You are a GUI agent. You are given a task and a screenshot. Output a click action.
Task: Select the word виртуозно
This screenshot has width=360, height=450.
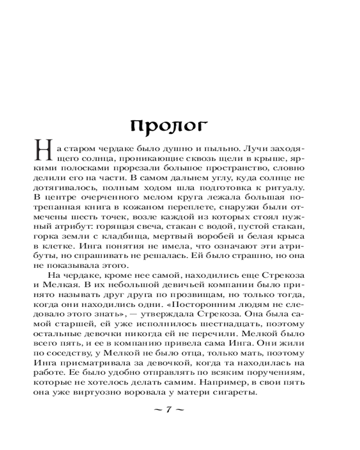pyautogui.click(x=109, y=396)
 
